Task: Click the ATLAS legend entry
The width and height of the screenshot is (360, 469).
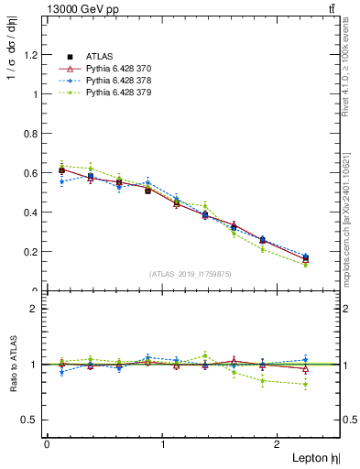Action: (x=98, y=56)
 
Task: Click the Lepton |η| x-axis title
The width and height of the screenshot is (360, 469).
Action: (x=314, y=456)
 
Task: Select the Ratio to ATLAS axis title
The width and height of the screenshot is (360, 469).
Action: (x=10, y=363)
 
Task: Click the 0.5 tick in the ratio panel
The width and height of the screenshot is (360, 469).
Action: (x=33, y=420)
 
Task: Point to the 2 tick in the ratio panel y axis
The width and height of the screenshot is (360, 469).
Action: (x=37, y=309)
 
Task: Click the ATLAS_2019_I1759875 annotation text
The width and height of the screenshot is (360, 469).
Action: (x=191, y=273)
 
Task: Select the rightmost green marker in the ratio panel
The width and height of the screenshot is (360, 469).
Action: (x=306, y=384)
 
